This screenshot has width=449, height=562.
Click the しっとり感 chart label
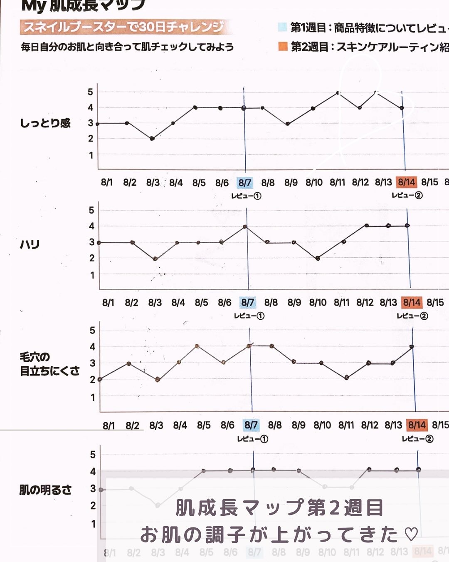45,123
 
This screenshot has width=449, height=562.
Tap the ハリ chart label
30,244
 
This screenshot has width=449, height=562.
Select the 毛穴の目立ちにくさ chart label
49,364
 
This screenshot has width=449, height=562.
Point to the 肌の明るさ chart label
45,490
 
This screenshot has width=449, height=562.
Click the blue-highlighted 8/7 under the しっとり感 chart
245,182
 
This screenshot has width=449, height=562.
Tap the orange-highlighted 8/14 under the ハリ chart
412,302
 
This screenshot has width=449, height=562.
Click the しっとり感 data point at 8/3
152,139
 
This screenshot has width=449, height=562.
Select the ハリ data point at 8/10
318,258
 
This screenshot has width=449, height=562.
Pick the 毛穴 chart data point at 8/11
347,378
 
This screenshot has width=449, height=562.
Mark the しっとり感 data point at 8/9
288,124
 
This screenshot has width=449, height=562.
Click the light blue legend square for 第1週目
282,27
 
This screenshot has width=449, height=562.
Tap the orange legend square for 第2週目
283,46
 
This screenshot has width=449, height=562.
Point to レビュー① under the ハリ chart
249,316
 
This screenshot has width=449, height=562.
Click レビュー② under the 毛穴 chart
417,439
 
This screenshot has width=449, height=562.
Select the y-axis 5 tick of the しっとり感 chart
90,92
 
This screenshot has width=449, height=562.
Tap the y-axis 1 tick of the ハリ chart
92,275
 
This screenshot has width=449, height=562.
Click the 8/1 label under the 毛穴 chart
109,425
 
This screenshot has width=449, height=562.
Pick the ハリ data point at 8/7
245,227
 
